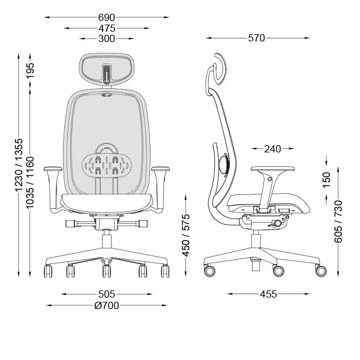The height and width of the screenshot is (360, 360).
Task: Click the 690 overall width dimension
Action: coord(107,17)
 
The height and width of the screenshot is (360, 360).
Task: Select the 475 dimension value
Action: coord(107,28)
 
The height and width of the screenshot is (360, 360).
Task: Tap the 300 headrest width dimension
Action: coord(107,38)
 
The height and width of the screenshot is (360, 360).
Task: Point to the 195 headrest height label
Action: coord(30,71)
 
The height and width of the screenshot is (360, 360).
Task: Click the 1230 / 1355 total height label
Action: coord(19,165)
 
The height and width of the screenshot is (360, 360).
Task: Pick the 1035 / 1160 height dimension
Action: coord(30,183)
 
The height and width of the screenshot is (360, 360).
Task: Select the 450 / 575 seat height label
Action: coord(186,235)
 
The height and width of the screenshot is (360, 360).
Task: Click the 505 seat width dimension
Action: coord(107,294)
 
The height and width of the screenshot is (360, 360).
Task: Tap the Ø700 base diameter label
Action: coord(107,305)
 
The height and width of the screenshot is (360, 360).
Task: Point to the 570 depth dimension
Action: coord(256,38)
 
